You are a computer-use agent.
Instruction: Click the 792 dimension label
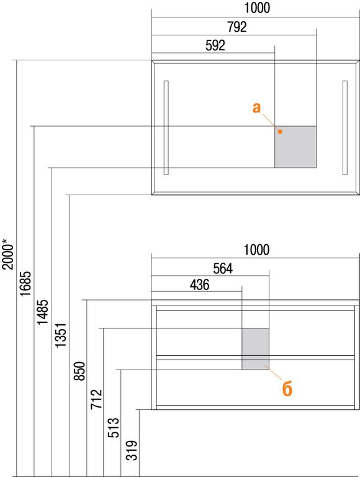click(x=237, y=27)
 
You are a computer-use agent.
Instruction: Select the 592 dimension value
click(x=215, y=45)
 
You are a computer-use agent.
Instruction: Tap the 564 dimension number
click(x=223, y=268)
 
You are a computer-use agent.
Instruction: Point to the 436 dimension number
click(x=199, y=284)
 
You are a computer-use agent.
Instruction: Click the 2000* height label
click(x=8, y=253)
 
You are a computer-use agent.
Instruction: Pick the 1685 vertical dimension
click(x=25, y=283)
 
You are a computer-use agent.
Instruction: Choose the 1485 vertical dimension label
click(x=43, y=312)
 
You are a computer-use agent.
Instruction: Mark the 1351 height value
click(x=60, y=335)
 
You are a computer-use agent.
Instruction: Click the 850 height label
click(x=79, y=371)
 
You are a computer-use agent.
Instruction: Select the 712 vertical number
click(x=96, y=399)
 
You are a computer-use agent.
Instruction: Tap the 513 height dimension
click(x=114, y=427)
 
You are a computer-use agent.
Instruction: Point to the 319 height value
click(x=132, y=450)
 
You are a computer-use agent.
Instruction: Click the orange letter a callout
click(x=256, y=107)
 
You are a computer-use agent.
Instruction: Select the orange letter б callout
click(x=287, y=388)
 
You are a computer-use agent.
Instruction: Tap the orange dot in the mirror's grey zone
click(x=281, y=132)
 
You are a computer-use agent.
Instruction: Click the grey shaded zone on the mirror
click(x=295, y=147)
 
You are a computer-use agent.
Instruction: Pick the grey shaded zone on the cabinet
click(x=255, y=349)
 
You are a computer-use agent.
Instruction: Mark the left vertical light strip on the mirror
click(x=166, y=127)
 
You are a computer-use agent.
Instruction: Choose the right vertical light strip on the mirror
click(x=345, y=127)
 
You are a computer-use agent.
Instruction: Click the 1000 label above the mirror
click(x=257, y=8)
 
